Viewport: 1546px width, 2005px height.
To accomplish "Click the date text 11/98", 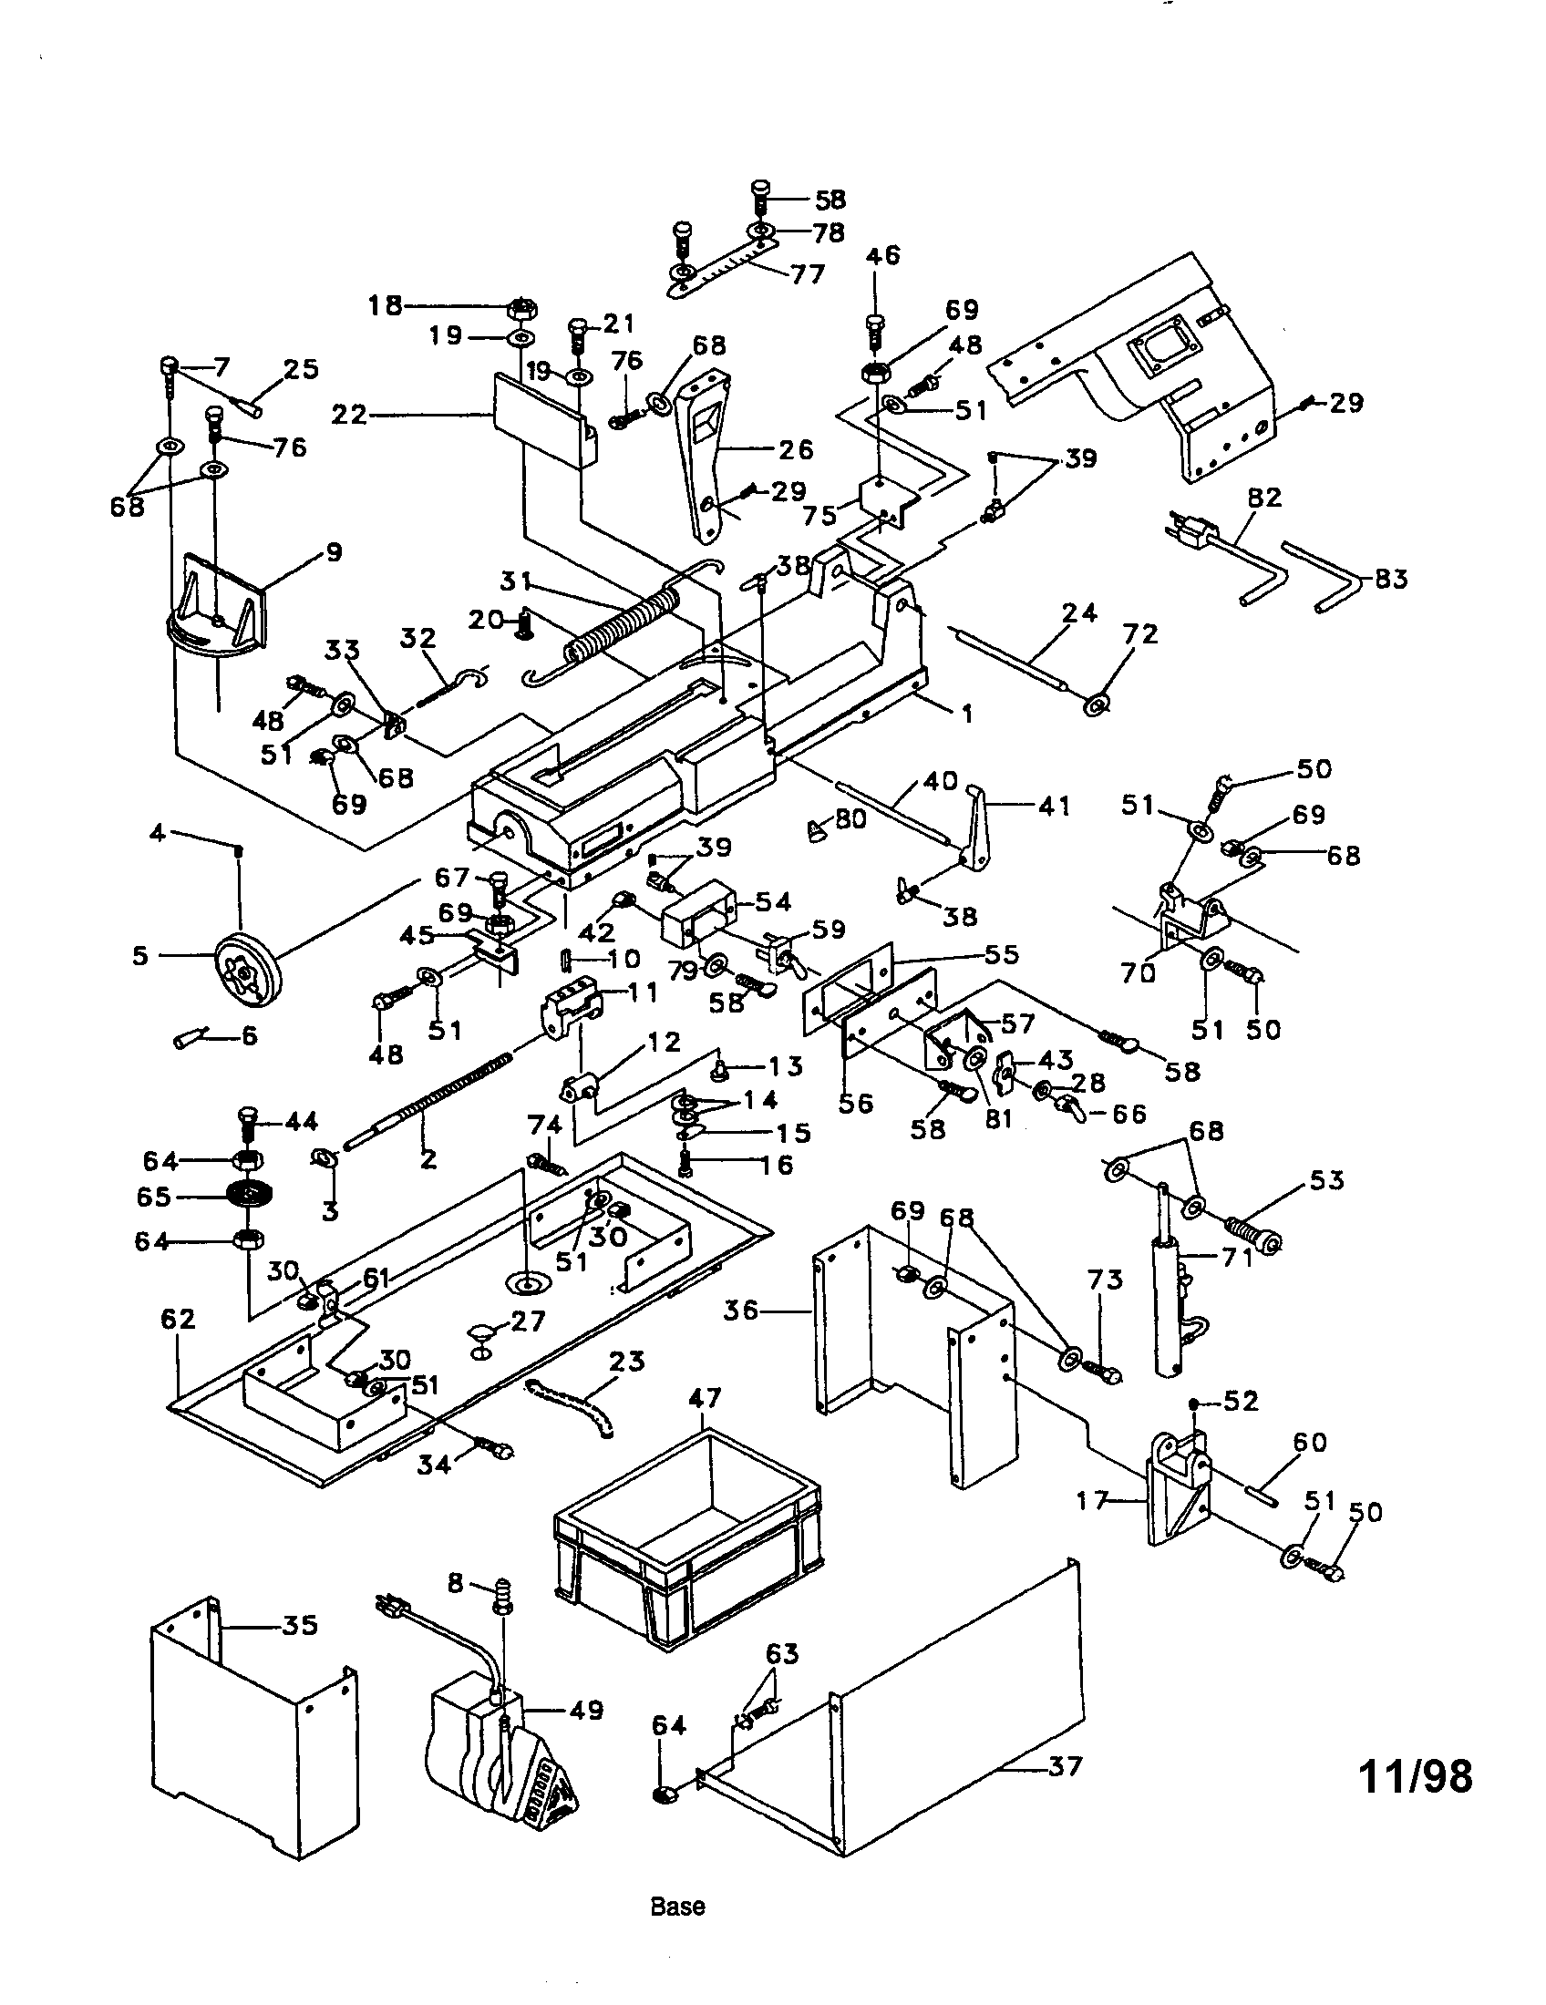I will (x=1415, y=1776).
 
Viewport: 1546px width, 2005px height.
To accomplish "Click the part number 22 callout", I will (x=350, y=416).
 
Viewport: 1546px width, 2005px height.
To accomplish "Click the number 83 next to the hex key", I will (x=1391, y=580).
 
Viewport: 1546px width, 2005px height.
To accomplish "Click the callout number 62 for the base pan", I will (x=178, y=1320).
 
